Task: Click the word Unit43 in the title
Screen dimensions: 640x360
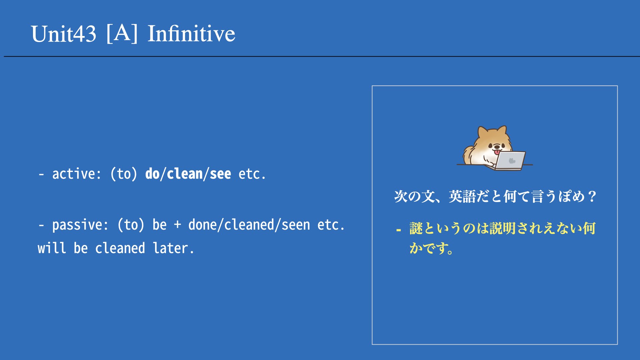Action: (64, 34)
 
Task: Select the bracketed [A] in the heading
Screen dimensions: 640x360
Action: (122, 33)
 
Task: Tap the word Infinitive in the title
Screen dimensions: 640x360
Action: (191, 33)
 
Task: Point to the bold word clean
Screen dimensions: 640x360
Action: (185, 174)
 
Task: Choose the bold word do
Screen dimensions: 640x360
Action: (153, 174)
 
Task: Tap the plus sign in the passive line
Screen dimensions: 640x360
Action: (178, 225)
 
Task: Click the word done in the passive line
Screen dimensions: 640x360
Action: (203, 225)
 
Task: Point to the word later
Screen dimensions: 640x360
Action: (173, 248)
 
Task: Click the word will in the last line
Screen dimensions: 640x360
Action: (52, 248)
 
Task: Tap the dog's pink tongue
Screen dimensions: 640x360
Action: (497, 152)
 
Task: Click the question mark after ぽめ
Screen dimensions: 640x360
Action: (592, 196)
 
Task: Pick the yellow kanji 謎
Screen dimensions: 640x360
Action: (416, 229)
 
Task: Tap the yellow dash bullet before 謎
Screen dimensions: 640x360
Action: (398, 230)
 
